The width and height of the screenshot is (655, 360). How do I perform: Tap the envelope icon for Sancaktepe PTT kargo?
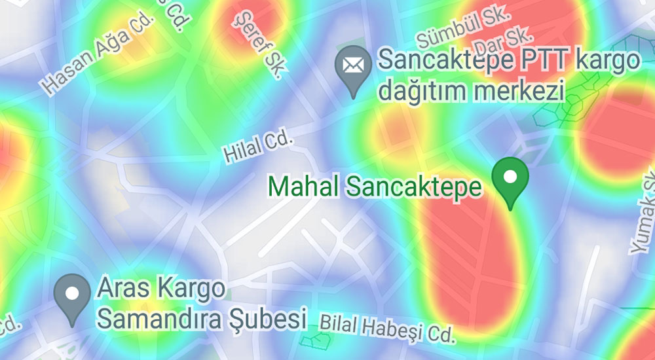tap(353, 67)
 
